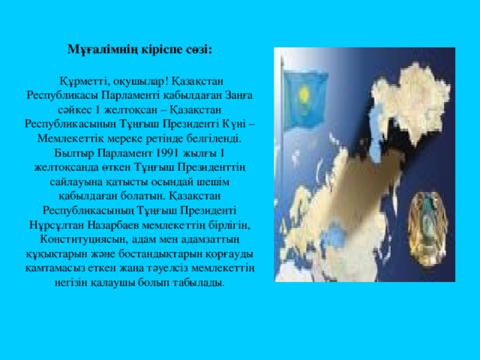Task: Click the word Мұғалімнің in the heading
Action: click(x=91, y=49)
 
